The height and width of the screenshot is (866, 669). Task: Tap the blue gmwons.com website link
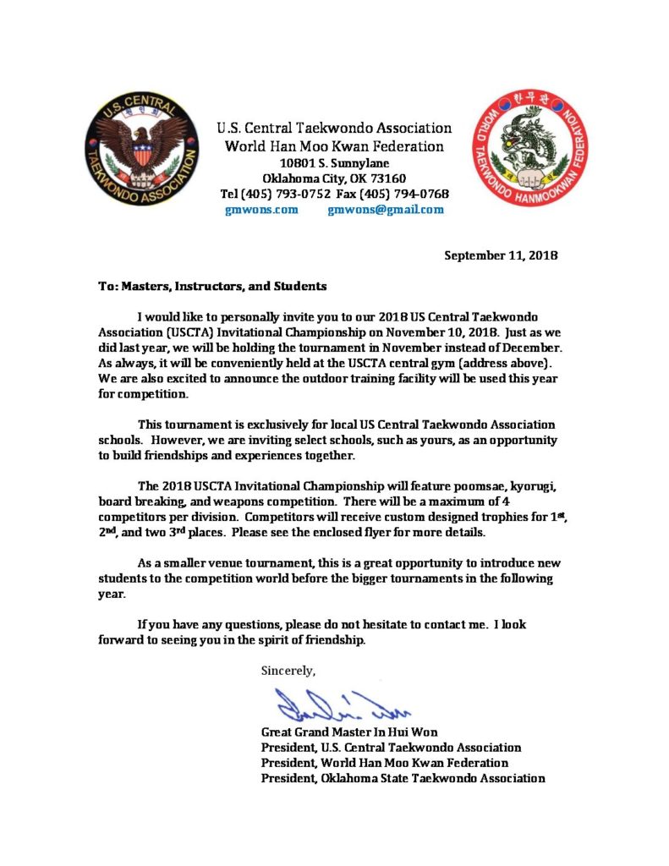click(261, 210)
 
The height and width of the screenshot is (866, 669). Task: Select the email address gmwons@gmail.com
click(385, 210)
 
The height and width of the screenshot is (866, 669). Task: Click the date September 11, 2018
click(501, 255)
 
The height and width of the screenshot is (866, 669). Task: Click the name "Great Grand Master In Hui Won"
click(349, 732)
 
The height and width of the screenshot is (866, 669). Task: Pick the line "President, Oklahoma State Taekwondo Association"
click(403, 777)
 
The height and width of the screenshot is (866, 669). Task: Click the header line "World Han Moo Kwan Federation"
click(333, 145)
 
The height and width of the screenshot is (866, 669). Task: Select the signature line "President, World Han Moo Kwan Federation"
click(385, 762)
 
